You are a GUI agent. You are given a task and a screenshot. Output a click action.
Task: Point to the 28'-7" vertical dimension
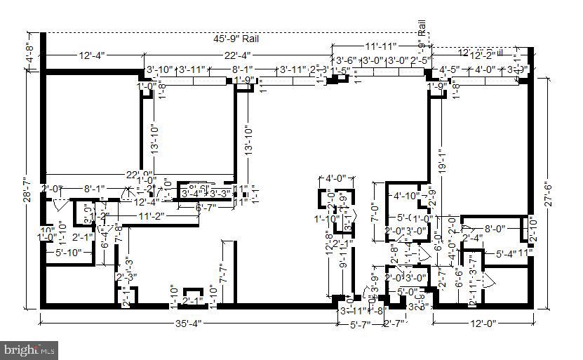pyautogui.click(x=27, y=189)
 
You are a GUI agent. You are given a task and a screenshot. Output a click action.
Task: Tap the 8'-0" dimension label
pyautogui.click(x=496, y=227)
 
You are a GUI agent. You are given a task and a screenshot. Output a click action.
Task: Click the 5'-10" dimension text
pyautogui.click(x=69, y=253)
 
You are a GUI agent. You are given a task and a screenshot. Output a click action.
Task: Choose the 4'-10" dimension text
pyautogui.click(x=407, y=196)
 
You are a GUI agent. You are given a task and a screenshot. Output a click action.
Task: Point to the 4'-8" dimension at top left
pyautogui.click(x=29, y=52)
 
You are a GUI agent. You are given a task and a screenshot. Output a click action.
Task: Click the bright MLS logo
pyautogui.click(x=29, y=348)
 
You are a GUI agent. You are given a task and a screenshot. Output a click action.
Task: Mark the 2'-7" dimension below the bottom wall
pyautogui.click(x=394, y=324)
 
